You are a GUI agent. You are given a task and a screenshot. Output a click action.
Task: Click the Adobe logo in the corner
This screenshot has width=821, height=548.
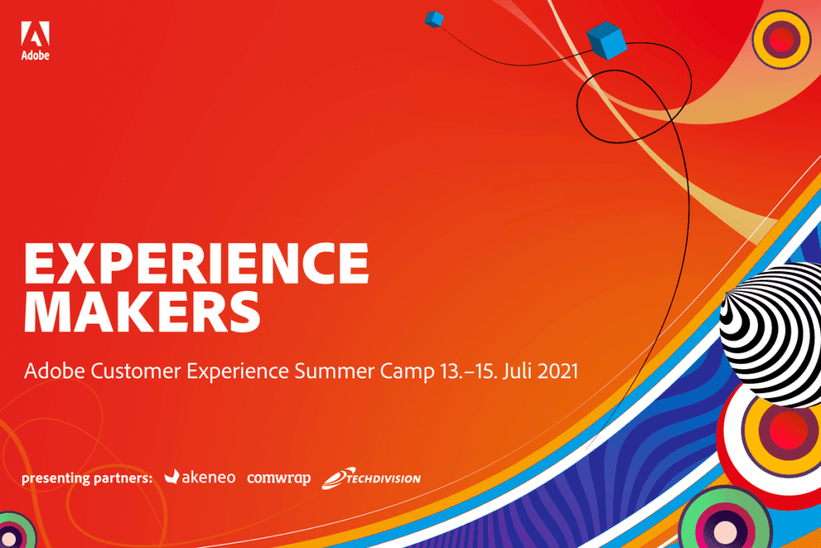35,41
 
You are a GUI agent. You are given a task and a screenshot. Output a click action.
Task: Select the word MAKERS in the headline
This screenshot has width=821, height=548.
142,312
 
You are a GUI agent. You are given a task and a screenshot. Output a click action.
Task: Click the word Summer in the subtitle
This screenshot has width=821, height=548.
334,371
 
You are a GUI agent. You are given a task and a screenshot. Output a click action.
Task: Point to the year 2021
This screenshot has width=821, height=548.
558,371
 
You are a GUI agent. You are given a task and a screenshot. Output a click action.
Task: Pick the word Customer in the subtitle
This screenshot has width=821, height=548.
136,371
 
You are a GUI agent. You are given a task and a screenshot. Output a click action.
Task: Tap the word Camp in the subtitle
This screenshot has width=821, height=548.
407,372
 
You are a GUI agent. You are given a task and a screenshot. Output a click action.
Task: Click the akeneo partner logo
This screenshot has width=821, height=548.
199,477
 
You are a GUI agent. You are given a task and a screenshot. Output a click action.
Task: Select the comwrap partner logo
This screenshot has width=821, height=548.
278,479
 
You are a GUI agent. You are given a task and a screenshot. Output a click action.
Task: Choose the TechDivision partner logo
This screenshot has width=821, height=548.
371,478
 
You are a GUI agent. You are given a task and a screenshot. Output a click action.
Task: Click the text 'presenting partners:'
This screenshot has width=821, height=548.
87,479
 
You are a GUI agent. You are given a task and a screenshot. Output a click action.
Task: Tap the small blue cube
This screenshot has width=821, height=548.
434,19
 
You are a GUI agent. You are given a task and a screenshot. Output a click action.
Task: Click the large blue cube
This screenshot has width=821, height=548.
607,41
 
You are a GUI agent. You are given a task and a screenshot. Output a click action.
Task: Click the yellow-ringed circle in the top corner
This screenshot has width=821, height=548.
781,40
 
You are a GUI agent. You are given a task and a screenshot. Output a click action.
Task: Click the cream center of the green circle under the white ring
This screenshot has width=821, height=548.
725,531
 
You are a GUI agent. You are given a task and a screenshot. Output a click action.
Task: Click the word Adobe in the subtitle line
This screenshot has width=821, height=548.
54,371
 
